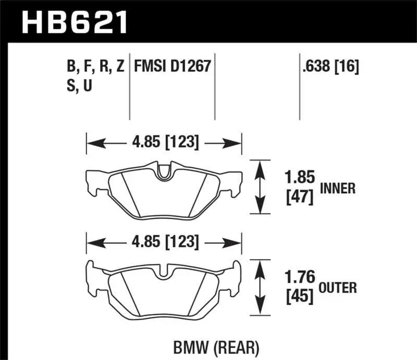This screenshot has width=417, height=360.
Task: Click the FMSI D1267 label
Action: [x=173, y=67]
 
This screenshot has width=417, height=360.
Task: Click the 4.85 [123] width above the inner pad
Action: [x=164, y=142]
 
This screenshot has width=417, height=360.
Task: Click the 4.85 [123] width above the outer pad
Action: [x=164, y=242]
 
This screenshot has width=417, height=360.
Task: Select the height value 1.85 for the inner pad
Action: [x=300, y=178]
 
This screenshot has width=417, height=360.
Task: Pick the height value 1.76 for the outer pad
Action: [x=300, y=277]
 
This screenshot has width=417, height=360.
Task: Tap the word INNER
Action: [x=338, y=189]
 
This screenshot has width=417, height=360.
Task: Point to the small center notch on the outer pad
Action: [x=164, y=271]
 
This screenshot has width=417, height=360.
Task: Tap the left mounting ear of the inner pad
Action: [x=94, y=182]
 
